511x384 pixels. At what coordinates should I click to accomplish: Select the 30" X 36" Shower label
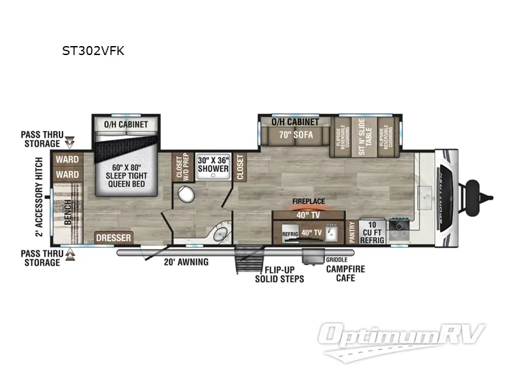[213, 164]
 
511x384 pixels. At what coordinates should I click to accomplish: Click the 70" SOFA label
[294, 135]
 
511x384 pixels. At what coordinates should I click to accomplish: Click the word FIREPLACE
[309, 201]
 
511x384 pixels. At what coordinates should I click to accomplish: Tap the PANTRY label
[351, 230]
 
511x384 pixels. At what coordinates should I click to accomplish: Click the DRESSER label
[114, 238]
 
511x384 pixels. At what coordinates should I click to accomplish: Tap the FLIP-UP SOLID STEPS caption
[279, 275]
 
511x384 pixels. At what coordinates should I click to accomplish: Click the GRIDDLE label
[336, 260]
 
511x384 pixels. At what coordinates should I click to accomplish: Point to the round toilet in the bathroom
[187, 195]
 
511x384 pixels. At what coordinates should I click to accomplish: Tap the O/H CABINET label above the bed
[125, 124]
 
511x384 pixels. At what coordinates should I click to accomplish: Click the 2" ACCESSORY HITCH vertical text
[40, 196]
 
